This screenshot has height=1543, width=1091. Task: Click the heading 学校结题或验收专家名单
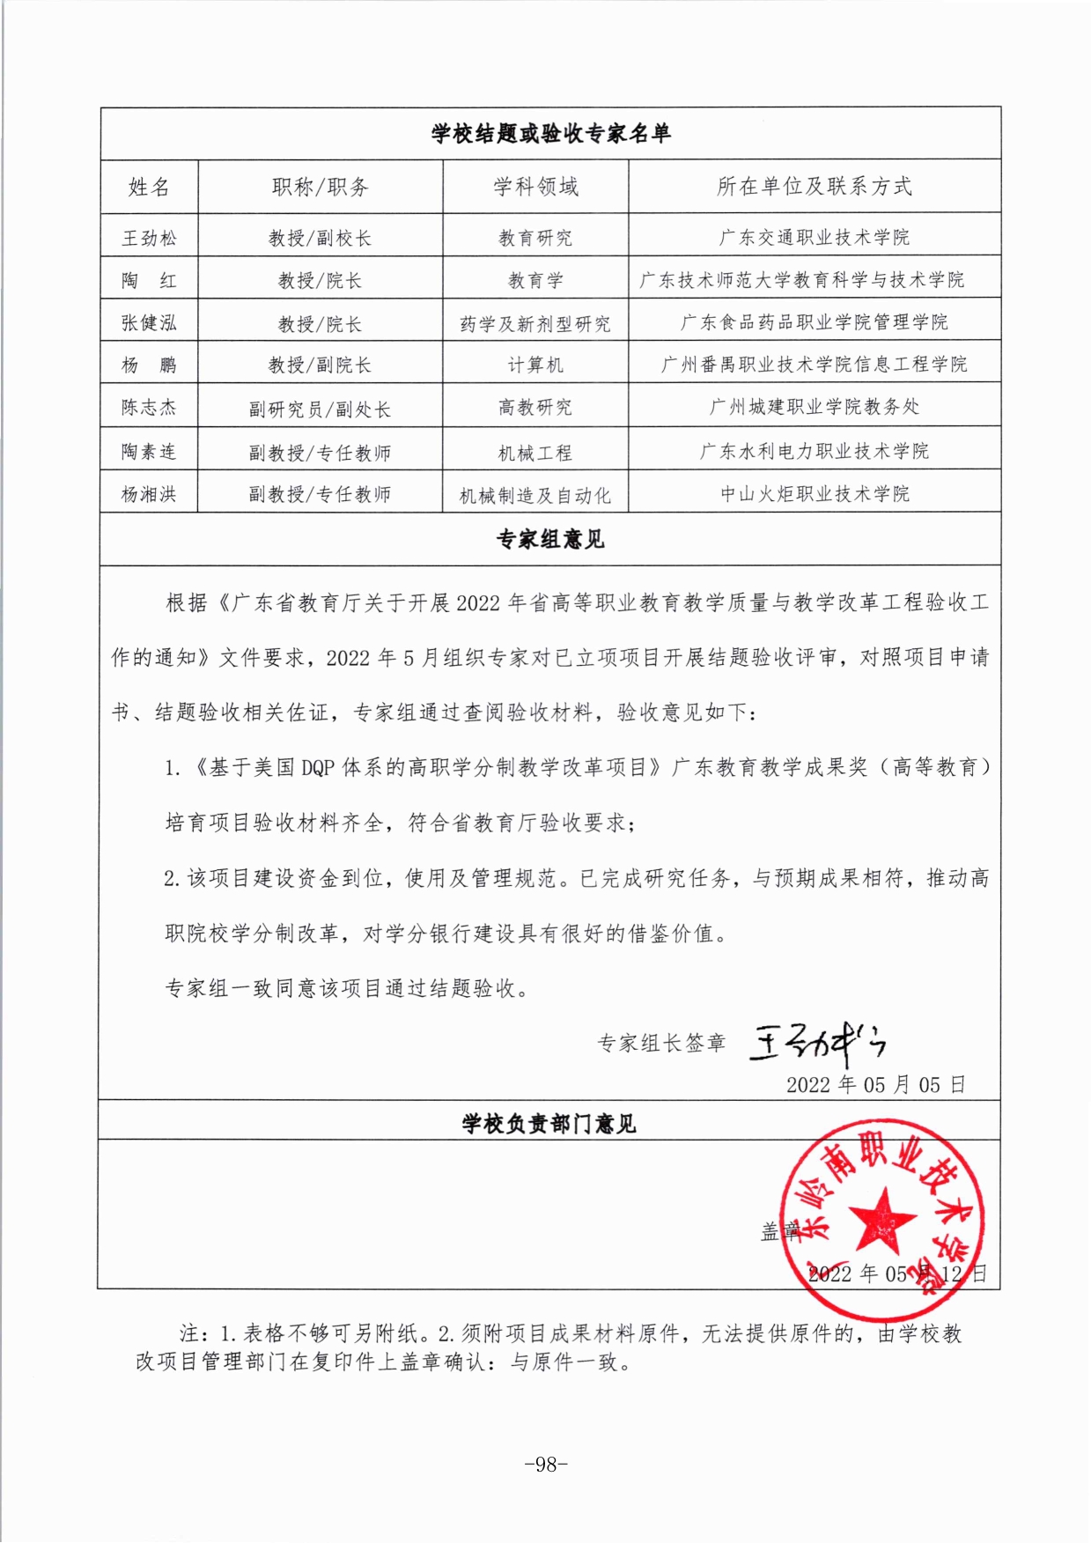coord(550,134)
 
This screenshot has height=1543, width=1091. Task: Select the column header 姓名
coord(149,187)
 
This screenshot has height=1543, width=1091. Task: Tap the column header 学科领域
coord(535,187)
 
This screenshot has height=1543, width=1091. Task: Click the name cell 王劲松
coord(149,238)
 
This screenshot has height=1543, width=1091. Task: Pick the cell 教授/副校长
coord(320,238)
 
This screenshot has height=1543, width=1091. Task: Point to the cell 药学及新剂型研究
coord(535,324)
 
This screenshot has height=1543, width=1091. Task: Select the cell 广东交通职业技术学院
coord(815,237)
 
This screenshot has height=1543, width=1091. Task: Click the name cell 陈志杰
coord(149,408)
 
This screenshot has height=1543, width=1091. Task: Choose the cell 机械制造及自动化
coord(535,496)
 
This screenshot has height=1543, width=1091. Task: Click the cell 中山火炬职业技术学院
coord(815,494)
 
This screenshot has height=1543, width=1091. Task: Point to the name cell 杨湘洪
coord(149,494)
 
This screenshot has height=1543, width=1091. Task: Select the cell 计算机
coord(535,365)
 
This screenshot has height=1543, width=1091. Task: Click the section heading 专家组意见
coord(550,540)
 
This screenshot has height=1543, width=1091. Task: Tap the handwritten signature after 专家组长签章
coord(817,1045)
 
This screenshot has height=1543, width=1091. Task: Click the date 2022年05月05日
coord(876,1085)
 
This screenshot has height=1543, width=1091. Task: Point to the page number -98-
coord(546,1464)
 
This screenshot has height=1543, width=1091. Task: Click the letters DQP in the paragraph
coord(318,768)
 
